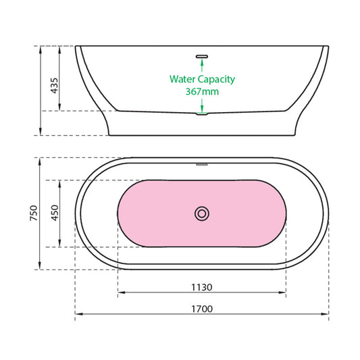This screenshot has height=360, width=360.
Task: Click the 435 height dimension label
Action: pyautogui.click(x=55, y=84)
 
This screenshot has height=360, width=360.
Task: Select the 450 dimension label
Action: pyautogui.click(x=55, y=213)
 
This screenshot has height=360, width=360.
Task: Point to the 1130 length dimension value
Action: pyautogui.click(x=202, y=287)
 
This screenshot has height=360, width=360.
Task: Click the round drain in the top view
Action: pyautogui.click(x=201, y=213)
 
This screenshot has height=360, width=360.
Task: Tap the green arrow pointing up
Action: pyautogui.click(x=202, y=63)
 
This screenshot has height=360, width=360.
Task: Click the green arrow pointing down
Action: pyautogui.click(x=202, y=107)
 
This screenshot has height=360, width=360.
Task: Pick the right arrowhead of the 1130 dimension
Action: pyautogui.click(x=284, y=293)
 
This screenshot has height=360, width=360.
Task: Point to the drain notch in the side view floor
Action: pyautogui.click(x=202, y=113)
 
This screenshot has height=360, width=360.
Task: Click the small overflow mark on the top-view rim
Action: pyautogui.click(x=202, y=163)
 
